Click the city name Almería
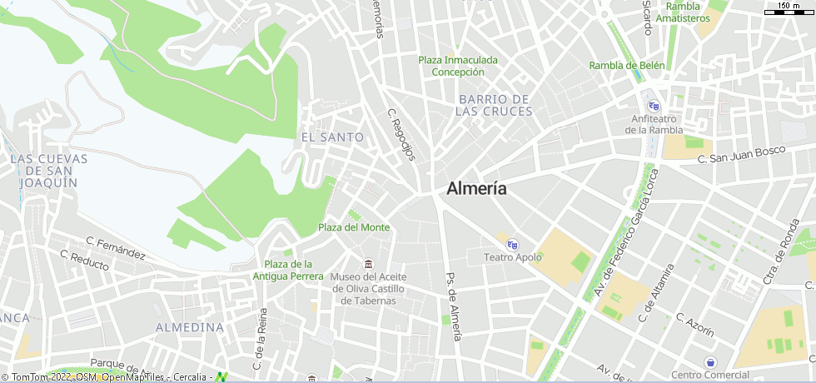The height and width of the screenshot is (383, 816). point(476,188)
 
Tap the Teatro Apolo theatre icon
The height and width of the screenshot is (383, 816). point(512,244)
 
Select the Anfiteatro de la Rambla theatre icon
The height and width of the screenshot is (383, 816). point(654,106)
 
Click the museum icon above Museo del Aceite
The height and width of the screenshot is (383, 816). point(368,264)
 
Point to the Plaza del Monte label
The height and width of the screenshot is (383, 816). point(354,227)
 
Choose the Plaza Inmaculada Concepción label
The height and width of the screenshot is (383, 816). point(458,66)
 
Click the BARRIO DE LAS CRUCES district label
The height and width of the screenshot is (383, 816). point(495,105)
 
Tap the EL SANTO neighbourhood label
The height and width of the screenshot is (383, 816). point(332,137)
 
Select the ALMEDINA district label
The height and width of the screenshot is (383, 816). point(190,327)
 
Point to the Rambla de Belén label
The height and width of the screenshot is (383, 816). point(627,66)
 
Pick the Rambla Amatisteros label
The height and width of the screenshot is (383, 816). point(683,12)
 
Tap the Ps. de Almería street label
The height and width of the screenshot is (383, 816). point(453,307)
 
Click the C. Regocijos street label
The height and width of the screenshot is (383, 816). point(401,135)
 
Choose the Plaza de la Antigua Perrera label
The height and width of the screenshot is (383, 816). point(288,270)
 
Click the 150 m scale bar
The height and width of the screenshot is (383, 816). point(787,10)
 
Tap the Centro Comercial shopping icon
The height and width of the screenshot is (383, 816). point(710,362)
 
